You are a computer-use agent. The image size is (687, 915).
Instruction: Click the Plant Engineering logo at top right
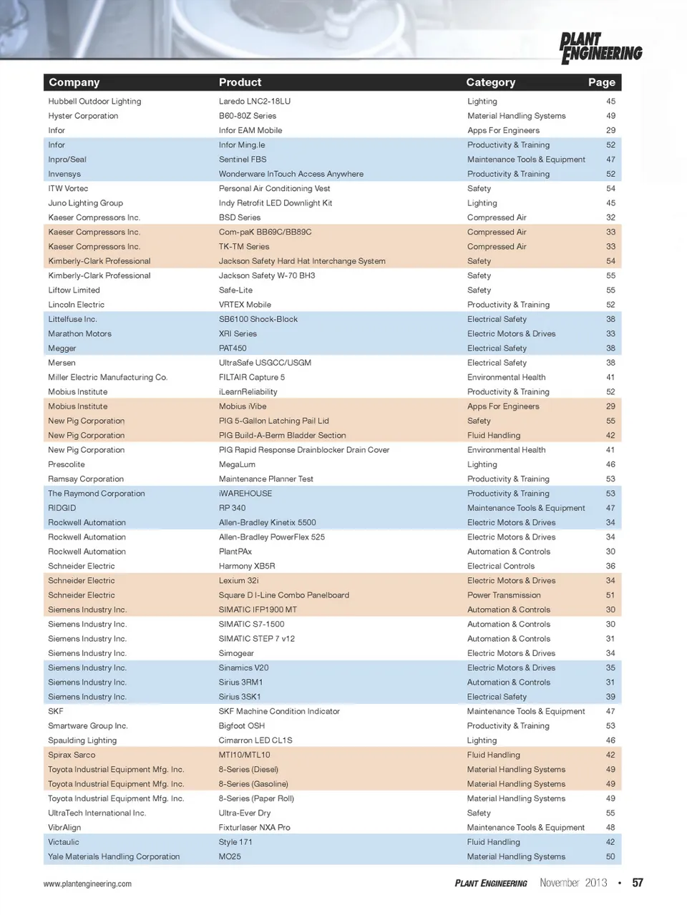[x=600, y=48]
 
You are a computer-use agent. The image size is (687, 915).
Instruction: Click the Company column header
[x=74, y=82]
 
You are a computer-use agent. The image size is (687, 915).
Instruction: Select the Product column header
[x=240, y=82]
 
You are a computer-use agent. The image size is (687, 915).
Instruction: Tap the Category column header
[x=490, y=82]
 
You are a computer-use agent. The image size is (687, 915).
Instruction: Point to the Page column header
[x=601, y=82]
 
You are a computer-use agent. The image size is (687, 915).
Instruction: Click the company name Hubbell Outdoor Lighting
[x=94, y=102]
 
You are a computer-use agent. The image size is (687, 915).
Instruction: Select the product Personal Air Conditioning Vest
[x=274, y=189]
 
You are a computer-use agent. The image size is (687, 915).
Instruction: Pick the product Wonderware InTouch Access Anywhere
[x=291, y=174]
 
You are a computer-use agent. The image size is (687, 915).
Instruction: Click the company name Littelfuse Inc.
[x=72, y=319]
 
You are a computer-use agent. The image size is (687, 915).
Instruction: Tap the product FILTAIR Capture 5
[x=251, y=377]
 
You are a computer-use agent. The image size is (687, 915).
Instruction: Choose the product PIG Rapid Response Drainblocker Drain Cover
[x=303, y=450]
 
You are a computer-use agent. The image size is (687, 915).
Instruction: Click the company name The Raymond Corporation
[x=96, y=494]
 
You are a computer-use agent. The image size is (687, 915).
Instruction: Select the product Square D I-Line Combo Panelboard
[x=283, y=595]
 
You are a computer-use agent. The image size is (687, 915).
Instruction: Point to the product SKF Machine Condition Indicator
[x=279, y=711]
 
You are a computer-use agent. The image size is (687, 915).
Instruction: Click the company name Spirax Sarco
[x=72, y=755]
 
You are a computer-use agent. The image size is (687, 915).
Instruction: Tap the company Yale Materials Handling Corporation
[x=114, y=856]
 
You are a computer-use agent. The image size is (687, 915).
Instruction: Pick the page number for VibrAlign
[x=610, y=828]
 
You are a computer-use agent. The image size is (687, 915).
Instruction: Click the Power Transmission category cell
[x=504, y=595]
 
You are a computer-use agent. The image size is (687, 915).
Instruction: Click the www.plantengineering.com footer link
[x=87, y=884]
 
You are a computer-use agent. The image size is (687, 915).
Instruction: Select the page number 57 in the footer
[x=637, y=883]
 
